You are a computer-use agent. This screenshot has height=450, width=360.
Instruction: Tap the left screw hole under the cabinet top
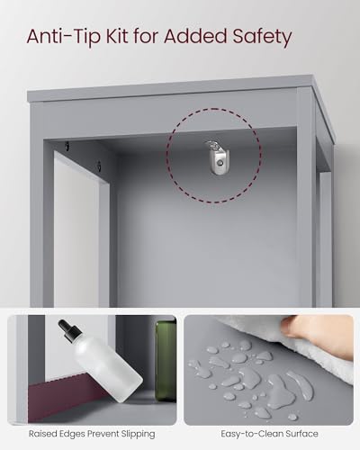click(x=67, y=146)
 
